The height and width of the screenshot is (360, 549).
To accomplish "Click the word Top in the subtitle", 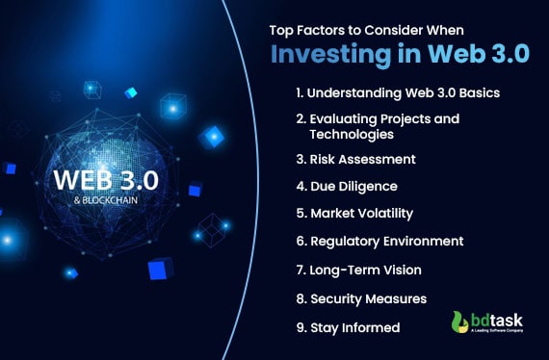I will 281,28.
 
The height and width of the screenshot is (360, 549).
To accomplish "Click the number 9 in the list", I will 301,327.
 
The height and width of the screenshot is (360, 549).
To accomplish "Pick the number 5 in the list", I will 301,214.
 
